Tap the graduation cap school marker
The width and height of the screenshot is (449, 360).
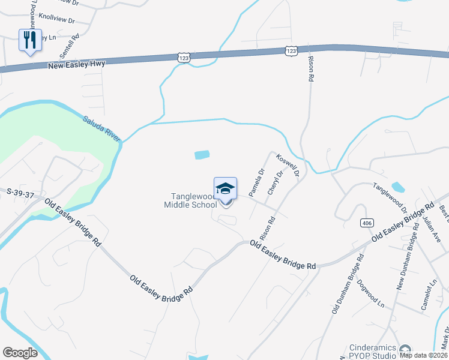pos(225,189)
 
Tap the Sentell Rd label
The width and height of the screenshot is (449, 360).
pos(76,45)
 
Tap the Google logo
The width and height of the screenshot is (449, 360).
pos(20,353)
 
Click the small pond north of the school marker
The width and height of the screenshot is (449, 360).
pos(202,155)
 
